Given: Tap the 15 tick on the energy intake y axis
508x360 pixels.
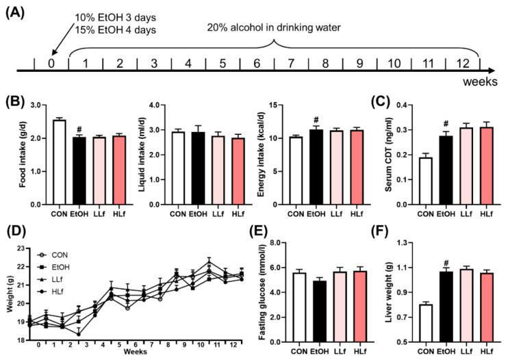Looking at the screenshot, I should pyautogui.click(x=283, y=105).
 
